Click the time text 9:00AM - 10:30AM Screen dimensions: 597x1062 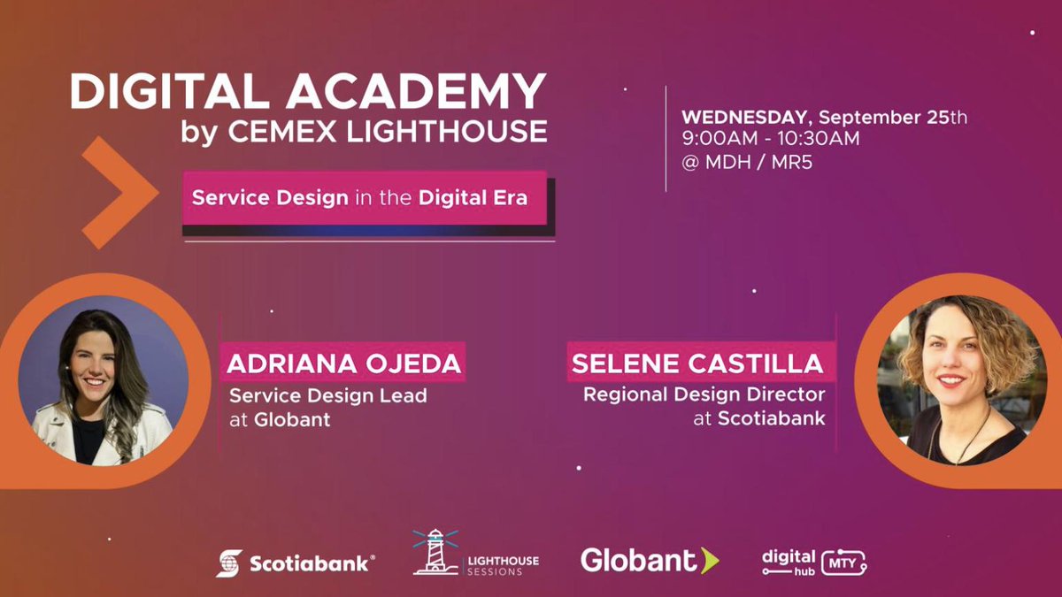(x=770, y=139)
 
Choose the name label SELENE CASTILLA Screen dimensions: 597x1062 (x=697, y=364)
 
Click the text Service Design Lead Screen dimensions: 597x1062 (x=327, y=396)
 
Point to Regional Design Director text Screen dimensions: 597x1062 (x=704, y=394)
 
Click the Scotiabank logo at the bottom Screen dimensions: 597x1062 (x=296, y=563)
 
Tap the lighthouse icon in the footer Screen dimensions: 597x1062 (x=435, y=554)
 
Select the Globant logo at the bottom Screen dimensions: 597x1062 (x=650, y=560)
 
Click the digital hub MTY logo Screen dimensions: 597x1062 (x=813, y=562)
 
